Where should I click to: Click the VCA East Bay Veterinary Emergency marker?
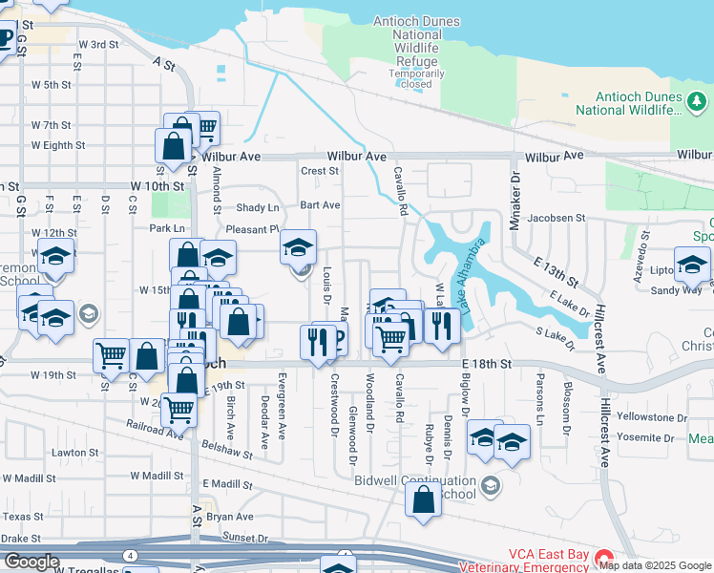click(x=602, y=556)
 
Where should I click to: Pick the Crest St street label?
click(x=320, y=172)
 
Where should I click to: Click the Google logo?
click(x=31, y=562)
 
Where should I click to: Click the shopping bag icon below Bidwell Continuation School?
click(x=423, y=499)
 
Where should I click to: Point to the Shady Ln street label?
click(x=259, y=208)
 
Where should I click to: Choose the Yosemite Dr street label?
click(x=646, y=436)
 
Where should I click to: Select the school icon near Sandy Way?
click(x=691, y=265)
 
